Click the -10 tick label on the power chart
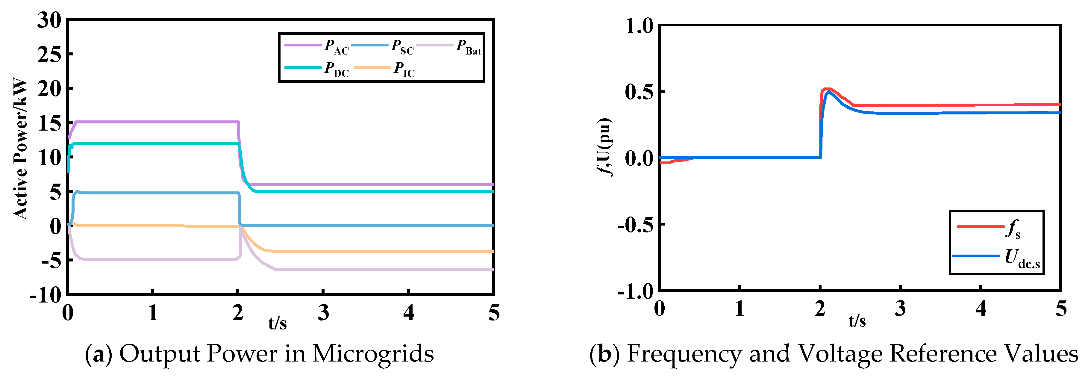coord(45,294)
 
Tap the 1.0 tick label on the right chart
coord(640,26)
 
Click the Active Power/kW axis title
coord(20,148)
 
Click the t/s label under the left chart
coord(278,323)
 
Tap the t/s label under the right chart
coord(857,321)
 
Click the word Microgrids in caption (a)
coord(373,354)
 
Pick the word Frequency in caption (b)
coord(684,354)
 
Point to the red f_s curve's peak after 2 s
coord(826,89)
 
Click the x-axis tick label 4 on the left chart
coord(408,313)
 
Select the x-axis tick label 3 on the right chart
coord(900,309)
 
